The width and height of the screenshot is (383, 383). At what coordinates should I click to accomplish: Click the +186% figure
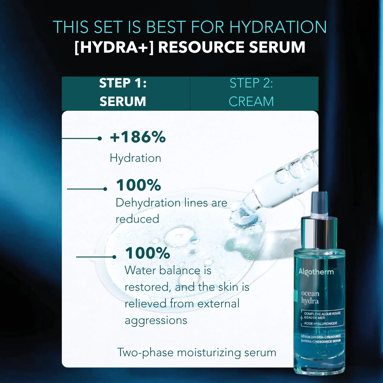(138, 137)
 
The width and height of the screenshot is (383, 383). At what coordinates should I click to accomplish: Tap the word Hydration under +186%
(135, 158)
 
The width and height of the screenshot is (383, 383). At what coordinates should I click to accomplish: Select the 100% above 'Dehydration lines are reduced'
(138, 185)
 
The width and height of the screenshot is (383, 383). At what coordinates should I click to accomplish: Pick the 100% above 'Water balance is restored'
(147, 253)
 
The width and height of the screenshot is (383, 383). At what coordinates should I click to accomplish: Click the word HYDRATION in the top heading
(278, 27)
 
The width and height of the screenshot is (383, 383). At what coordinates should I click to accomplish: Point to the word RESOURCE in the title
(201, 47)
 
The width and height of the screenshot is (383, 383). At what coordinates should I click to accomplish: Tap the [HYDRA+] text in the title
(114, 47)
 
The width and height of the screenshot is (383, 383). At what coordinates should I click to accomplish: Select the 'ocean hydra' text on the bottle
(310, 297)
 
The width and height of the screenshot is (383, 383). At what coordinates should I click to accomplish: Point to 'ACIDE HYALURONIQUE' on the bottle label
(320, 323)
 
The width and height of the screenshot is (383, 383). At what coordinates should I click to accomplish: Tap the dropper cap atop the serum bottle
(319, 204)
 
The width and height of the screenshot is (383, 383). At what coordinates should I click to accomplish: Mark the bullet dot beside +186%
(100, 139)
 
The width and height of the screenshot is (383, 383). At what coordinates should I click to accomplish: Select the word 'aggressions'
(156, 320)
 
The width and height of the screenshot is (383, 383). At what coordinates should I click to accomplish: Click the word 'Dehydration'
(148, 203)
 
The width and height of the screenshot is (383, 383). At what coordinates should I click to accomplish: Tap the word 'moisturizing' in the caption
(209, 353)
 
